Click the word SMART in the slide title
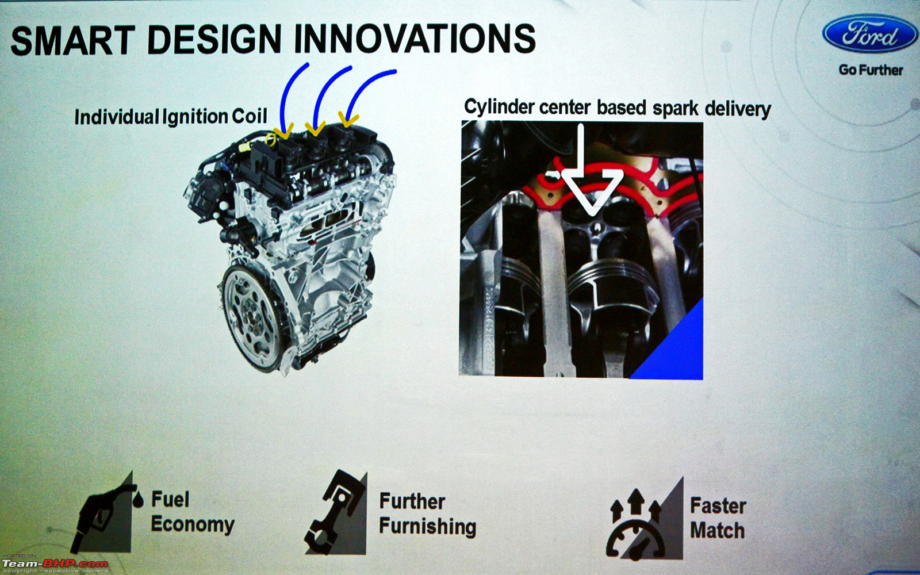(73, 40)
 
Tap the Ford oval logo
(869, 34)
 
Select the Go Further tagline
(871, 70)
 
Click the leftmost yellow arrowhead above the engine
(283, 132)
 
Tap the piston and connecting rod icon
(336, 513)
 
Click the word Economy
(193, 524)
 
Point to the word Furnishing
(428, 527)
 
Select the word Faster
(718, 505)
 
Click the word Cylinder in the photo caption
(500, 108)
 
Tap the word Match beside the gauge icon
(717, 530)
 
